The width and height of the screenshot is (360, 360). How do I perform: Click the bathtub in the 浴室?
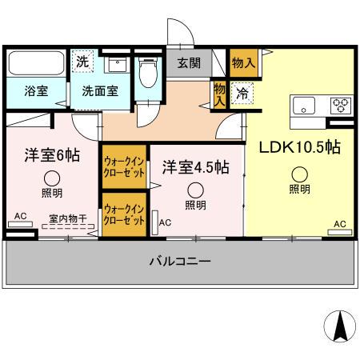pyautogui.click(x=37, y=63)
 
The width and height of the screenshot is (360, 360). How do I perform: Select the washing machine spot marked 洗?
pyautogui.click(x=82, y=62)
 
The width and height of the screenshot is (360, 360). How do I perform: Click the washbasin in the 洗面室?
pyautogui.click(x=117, y=65)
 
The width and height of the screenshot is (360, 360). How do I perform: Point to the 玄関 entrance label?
pyautogui.click(x=189, y=63)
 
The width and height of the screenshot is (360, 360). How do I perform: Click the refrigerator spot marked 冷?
pyautogui.click(x=242, y=94)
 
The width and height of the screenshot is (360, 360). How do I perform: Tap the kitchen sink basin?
pyautogui.click(x=304, y=106)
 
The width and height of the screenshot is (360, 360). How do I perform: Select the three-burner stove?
pyautogui.click(x=341, y=106)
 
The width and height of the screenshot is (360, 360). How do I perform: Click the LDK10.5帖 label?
pyautogui.click(x=300, y=147)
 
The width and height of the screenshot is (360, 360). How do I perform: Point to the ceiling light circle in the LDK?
pyautogui.click(x=300, y=174)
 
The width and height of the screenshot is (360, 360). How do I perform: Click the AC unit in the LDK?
pyautogui.click(x=340, y=232)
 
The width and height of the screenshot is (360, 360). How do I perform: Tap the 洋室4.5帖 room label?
pyautogui.click(x=196, y=167)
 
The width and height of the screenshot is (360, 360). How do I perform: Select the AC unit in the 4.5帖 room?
pyautogui.click(x=154, y=222)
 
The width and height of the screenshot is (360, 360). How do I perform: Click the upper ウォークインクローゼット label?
pyautogui.click(x=124, y=167)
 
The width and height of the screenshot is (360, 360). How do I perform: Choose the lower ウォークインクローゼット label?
pyautogui.click(x=124, y=214)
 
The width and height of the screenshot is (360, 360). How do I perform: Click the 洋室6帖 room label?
pyautogui.click(x=52, y=155)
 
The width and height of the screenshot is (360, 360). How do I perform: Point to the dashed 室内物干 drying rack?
pyautogui.click(x=68, y=226)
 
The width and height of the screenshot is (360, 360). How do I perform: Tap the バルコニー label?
pyautogui.click(x=180, y=261)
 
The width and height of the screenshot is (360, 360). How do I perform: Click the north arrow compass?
pyautogui.click(x=340, y=326)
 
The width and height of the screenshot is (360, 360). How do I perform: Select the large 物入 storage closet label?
pyautogui.click(x=243, y=63)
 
